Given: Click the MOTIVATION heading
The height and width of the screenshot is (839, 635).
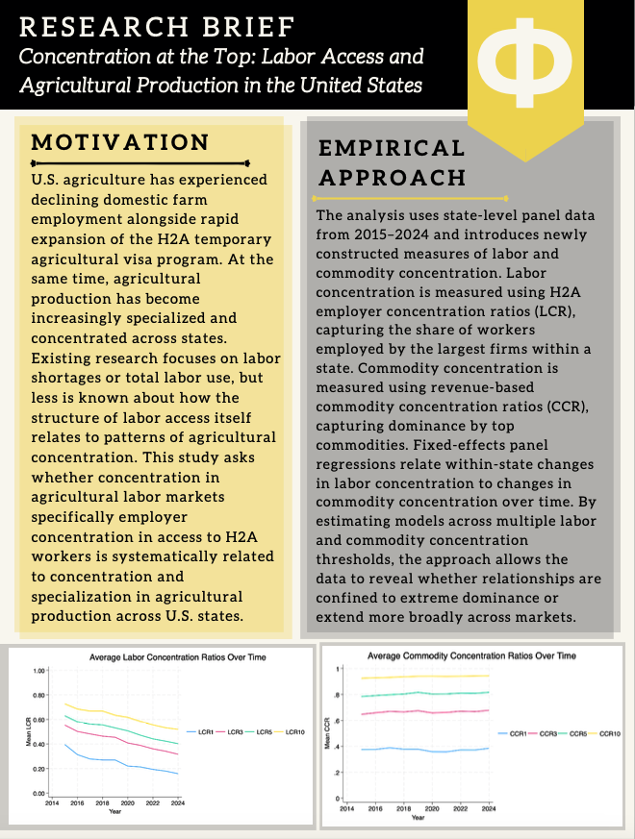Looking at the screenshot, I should (x=120, y=143).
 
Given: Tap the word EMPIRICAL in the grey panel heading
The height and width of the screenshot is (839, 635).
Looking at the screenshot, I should (x=392, y=148).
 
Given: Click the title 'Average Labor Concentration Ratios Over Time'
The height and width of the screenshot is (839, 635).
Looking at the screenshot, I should (x=177, y=657).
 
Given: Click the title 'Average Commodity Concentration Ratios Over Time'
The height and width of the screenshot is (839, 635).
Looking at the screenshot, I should (x=471, y=655).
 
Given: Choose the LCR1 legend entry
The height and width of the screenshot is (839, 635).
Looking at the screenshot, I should (x=204, y=732).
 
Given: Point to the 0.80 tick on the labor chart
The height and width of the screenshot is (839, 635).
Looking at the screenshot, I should (x=38, y=695).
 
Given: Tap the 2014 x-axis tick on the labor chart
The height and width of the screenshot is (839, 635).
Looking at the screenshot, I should (x=52, y=802).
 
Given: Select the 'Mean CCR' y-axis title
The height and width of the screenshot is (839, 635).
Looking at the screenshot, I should (x=327, y=733).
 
